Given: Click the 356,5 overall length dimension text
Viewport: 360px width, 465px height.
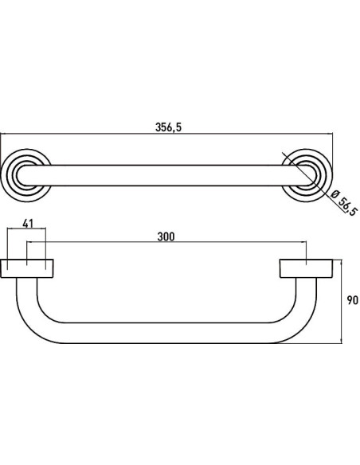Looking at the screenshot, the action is click(x=168, y=127).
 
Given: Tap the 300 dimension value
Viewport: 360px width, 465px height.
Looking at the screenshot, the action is click(x=166, y=236).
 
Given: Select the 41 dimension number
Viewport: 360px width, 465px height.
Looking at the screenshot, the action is click(x=28, y=224).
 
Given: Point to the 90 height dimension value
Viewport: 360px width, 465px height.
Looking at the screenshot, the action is click(x=352, y=300).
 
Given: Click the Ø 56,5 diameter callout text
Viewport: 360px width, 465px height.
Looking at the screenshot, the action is click(x=344, y=203).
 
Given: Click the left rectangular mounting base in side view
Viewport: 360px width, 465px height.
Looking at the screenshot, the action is click(x=27, y=268).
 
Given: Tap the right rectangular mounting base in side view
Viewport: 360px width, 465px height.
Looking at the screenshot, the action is click(x=306, y=268).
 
